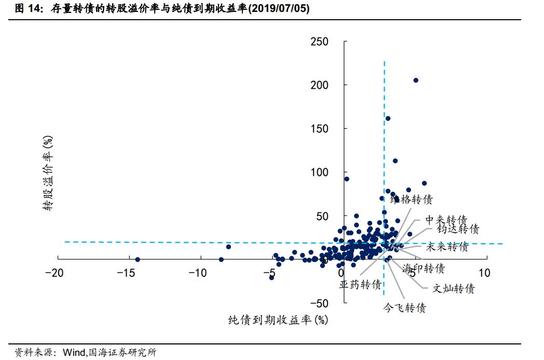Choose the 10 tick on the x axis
(x=484, y=273)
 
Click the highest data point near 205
(x=416, y=80)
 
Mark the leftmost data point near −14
(x=138, y=259)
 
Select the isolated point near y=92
(x=347, y=179)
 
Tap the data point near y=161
(x=388, y=118)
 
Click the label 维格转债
(x=411, y=199)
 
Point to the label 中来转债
(x=446, y=219)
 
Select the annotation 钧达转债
(x=458, y=229)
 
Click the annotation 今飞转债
(x=404, y=308)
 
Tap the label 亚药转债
(x=361, y=285)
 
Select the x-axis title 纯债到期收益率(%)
(x=278, y=320)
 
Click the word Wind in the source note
(x=73, y=353)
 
